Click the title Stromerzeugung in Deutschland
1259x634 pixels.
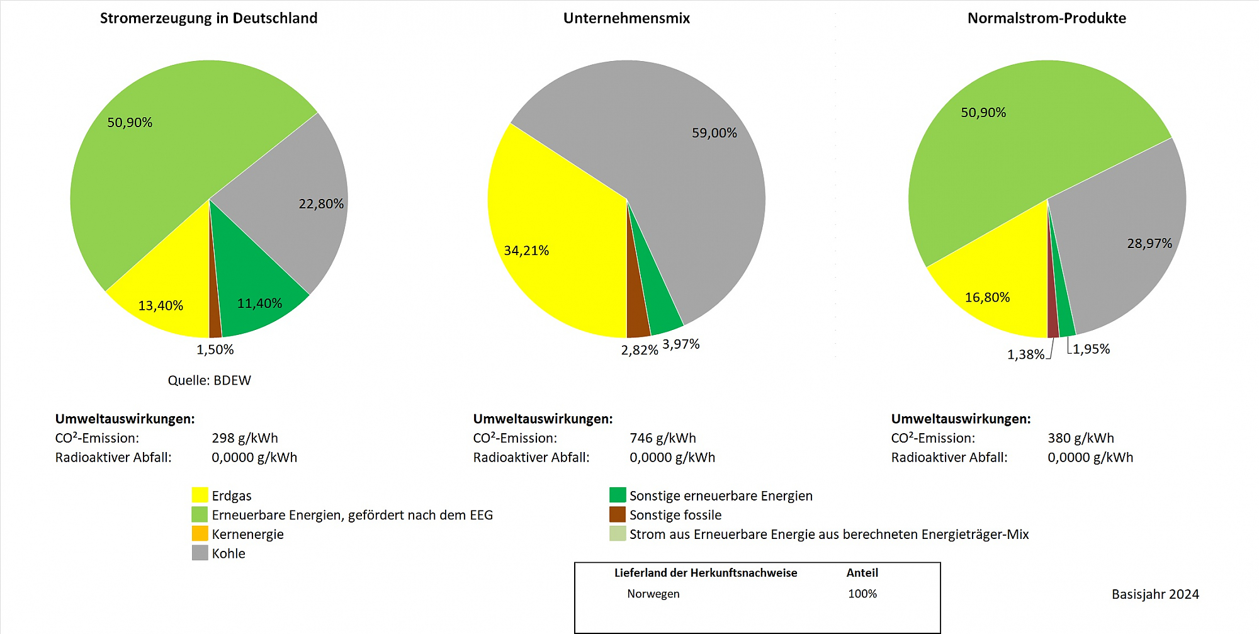click(208, 18)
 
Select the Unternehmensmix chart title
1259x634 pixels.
click(626, 18)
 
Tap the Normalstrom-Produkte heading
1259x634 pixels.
click(1046, 18)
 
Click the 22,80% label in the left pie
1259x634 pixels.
click(321, 204)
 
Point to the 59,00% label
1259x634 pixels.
click(714, 133)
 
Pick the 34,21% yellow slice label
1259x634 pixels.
click(526, 251)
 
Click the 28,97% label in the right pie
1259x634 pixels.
click(1149, 244)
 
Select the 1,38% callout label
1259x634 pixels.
click(1025, 354)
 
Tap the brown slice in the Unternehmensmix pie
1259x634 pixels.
click(637, 309)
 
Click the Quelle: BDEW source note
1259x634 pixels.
click(209, 380)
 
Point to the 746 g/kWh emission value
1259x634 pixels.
click(662, 438)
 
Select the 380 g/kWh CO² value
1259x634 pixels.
click(1080, 438)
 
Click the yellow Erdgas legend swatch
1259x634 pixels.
click(200, 495)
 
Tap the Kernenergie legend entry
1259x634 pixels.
click(247, 535)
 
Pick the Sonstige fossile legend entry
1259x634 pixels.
click(675, 515)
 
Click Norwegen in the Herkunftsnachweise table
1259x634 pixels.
click(653, 594)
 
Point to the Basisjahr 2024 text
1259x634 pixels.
click(1155, 594)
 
